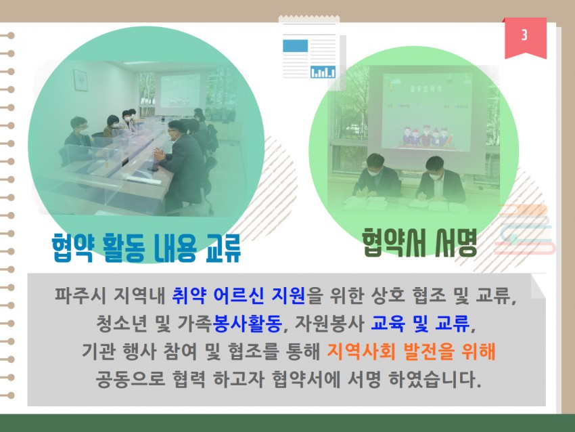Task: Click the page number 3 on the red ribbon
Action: tap(524, 35)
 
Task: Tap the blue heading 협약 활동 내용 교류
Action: tap(146, 247)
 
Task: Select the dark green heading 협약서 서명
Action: tap(419, 242)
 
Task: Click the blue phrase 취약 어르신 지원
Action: tap(238, 295)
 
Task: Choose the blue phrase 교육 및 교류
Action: tap(420, 324)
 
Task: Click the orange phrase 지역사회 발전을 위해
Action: tap(411, 351)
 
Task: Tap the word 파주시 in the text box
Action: tap(80, 295)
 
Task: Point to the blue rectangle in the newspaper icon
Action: tap(295, 46)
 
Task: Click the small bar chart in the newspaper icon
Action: tap(323, 72)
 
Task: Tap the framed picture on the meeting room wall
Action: tap(80, 81)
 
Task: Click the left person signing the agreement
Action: tap(377, 178)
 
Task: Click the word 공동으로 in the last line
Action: tap(130, 379)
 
